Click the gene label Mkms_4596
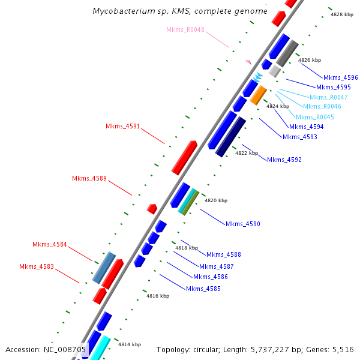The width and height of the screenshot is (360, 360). pyautogui.click(x=340, y=77)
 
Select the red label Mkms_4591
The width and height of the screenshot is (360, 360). pyautogui.click(x=122, y=127)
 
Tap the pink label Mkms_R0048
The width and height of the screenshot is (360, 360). pyautogui.click(x=185, y=29)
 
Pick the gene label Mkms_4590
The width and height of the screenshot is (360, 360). pyautogui.click(x=242, y=224)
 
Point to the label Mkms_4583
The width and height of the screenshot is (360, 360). pyautogui.click(x=36, y=266)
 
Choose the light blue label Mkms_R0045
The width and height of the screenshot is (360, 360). pyautogui.click(x=314, y=117)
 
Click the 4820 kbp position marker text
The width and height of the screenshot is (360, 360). pyautogui.click(x=216, y=200)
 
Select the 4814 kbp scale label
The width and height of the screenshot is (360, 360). pyautogui.click(x=129, y=344)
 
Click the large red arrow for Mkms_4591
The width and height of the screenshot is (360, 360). pyautogui.click(x=184, y=157)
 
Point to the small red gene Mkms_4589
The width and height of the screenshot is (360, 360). pyautogui.click(x=152, y=209)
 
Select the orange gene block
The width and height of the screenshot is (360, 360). pyautogui.click(x=258, y=95)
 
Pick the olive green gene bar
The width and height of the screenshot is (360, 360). pyautogui.click(x=190, y=203)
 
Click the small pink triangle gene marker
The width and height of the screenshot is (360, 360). pyautogui.click(x=248, y=62)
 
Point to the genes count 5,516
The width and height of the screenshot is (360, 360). pyautogui.click(x=342, y=349)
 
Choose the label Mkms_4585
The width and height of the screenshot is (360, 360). pyautogui.click(x=203, y=289)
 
